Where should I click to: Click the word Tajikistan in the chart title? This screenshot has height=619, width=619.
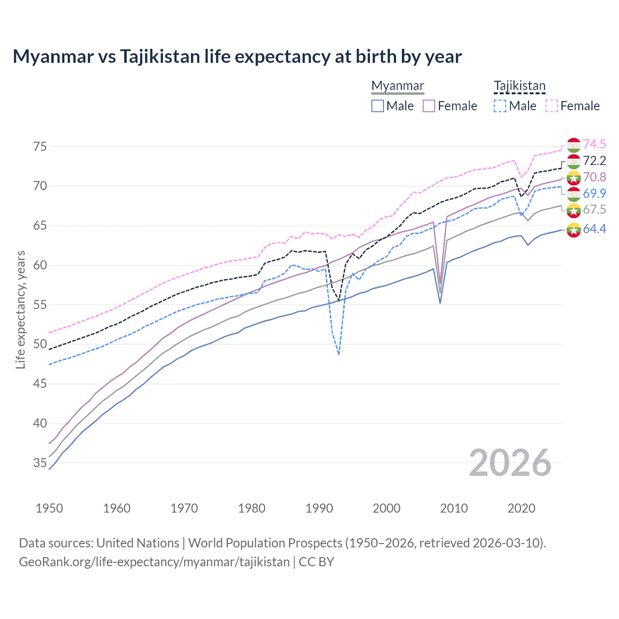160,57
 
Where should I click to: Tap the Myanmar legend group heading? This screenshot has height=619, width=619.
398,86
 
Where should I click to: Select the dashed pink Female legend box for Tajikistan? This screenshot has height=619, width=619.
552,106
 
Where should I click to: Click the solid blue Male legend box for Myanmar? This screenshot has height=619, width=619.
378,106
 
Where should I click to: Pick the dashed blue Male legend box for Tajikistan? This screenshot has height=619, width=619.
500,106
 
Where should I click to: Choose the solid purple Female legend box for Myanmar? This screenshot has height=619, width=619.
429,106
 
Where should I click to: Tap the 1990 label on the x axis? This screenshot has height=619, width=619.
319,508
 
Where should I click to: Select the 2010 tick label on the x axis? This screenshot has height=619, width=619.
454,508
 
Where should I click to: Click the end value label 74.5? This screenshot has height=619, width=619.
594,145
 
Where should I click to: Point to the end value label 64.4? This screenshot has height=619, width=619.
594,229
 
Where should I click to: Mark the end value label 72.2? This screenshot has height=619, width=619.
594,161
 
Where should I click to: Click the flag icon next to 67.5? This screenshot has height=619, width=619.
574,210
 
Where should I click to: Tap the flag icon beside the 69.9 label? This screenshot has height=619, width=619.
574,194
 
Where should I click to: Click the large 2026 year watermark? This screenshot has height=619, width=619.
510,463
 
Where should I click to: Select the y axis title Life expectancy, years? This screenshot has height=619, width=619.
21,309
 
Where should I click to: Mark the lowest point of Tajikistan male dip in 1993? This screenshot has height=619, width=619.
339,354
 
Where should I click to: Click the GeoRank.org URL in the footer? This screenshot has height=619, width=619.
154,562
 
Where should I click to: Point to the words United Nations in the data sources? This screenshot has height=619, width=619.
138,543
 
